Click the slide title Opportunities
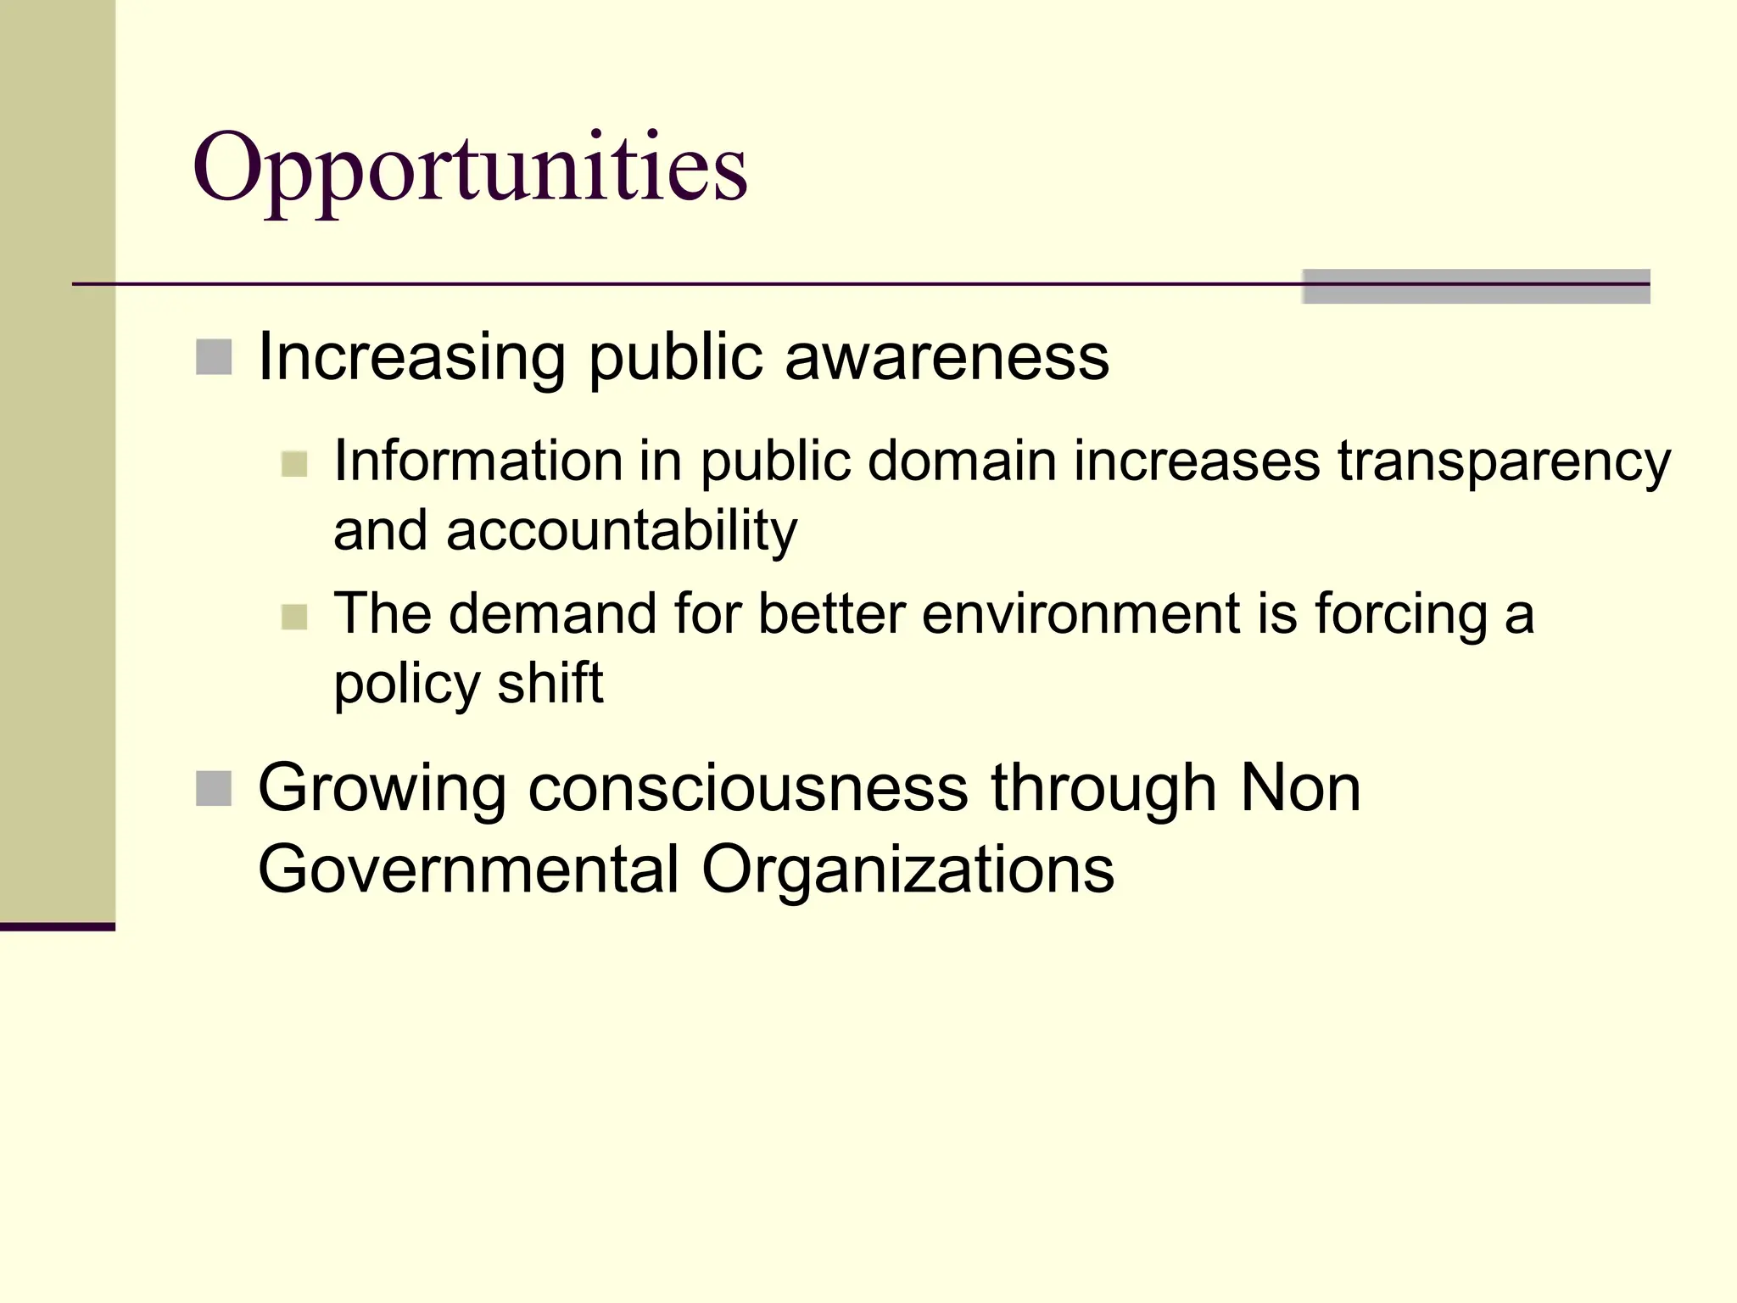pos(470,168)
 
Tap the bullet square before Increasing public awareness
pos(214,357)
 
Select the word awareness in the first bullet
pos(947,357)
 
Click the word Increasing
pos(411,357)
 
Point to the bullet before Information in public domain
pos(294,464)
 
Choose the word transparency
pos(1504,462)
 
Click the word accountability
pos(622,531)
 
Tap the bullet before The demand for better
pos(294,617)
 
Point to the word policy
pos(407,684)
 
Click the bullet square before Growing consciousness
pos(214,788)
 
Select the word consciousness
pos(748,788)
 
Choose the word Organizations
pos(908,870)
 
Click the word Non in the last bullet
pos(1300,788)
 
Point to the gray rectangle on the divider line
pos(1476,287)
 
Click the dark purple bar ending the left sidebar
pos(57,926)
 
